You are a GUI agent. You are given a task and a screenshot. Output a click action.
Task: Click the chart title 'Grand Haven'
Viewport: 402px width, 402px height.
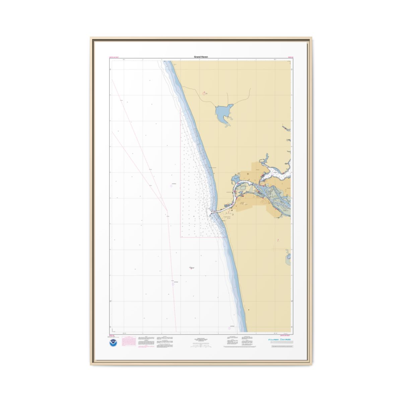(x=201, y=57)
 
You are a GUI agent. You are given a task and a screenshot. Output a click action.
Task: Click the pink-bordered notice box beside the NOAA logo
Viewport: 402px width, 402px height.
(x=129, y=342)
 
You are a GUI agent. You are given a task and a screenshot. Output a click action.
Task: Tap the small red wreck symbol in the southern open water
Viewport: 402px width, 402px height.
(x=192, y=268)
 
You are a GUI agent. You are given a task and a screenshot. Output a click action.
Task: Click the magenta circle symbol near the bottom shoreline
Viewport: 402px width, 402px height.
(x=229, y=328)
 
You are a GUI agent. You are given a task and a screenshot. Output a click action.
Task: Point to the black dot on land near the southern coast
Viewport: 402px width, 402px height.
(x=249, y=310)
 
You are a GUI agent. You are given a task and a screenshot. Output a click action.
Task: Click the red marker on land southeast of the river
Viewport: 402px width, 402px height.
(x=278, y=240)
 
